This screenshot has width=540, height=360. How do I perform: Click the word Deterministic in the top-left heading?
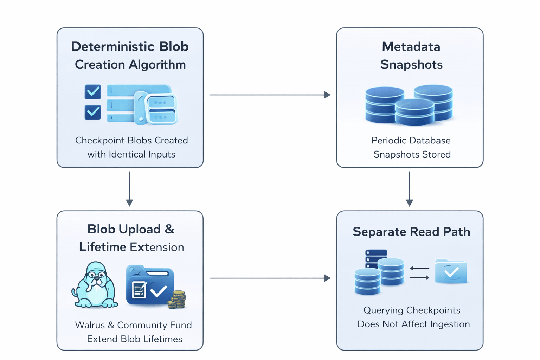[x=112, y=47]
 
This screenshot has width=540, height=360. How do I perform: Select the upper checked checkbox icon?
[x=93, y=92]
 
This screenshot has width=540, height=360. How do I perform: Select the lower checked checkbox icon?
[x=93, y=112]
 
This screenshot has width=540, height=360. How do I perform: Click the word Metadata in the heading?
[x=411, y=47]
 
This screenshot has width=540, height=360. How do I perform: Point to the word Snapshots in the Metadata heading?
[x=411, y=65]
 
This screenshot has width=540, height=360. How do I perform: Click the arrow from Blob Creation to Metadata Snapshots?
[x=270, y=95]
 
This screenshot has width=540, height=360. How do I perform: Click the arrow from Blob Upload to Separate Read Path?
[x=270, y=278]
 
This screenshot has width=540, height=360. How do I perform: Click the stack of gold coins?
[x=177, y=300]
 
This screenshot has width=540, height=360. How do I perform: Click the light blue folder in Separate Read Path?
[x=451, y=271]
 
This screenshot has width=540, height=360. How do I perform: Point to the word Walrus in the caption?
[x=90, y=325]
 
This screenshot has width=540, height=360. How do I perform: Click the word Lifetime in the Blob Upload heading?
[x=102, y=247]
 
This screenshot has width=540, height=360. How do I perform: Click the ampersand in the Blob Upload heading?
[x=169, y=229]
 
